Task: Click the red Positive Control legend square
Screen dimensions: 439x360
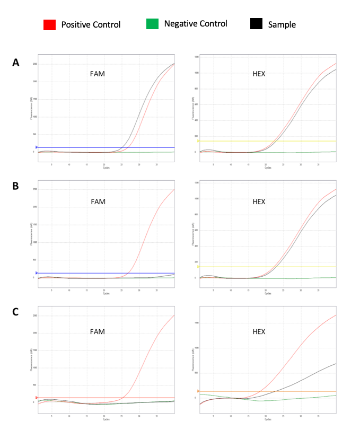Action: (49, 24)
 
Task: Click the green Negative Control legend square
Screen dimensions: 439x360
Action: (152, 24)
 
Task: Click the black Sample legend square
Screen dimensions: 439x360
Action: (256, 24)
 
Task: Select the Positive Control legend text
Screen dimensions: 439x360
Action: (91, 25)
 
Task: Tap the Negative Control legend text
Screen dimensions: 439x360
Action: (195, 24)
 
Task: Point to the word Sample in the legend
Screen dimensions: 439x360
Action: (282, 25)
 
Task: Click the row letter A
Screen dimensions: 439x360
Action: (16, 63)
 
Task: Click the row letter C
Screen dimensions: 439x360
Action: (16, 311)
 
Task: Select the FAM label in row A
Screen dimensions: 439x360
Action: (97, 74)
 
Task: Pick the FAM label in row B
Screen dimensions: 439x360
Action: (97, 201)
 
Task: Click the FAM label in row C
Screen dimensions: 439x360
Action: (97, 332)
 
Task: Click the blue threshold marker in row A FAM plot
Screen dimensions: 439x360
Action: (37, 147)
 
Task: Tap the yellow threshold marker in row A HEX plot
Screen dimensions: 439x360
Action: (198, 141)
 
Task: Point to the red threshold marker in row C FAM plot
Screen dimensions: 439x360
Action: (37, 398)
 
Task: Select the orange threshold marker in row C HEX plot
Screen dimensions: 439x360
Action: (198, 391)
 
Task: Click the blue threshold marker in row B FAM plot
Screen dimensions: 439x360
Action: (37, 273)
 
